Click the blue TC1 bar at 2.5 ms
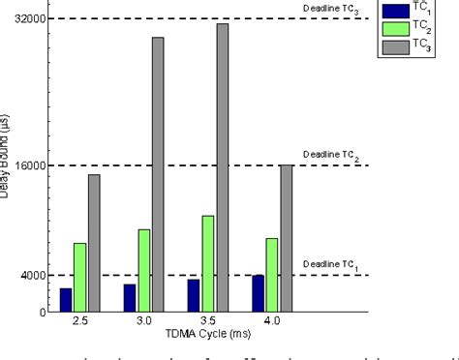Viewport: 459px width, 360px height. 66,300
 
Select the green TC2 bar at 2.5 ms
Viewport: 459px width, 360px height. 79,278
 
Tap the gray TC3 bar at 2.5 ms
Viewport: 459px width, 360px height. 94,243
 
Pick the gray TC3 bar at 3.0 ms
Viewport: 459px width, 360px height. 158,174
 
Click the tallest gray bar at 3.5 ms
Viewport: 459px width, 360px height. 223,167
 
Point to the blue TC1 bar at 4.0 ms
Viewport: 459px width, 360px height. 259,293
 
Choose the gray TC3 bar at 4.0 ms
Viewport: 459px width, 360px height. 287,238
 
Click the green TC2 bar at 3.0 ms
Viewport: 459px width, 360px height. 144,270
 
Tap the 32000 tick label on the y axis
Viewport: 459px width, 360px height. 33,19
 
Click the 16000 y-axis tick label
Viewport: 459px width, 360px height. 33,165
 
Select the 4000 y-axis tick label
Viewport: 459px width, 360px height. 36,275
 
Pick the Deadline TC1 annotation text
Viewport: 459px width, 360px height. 330,264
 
